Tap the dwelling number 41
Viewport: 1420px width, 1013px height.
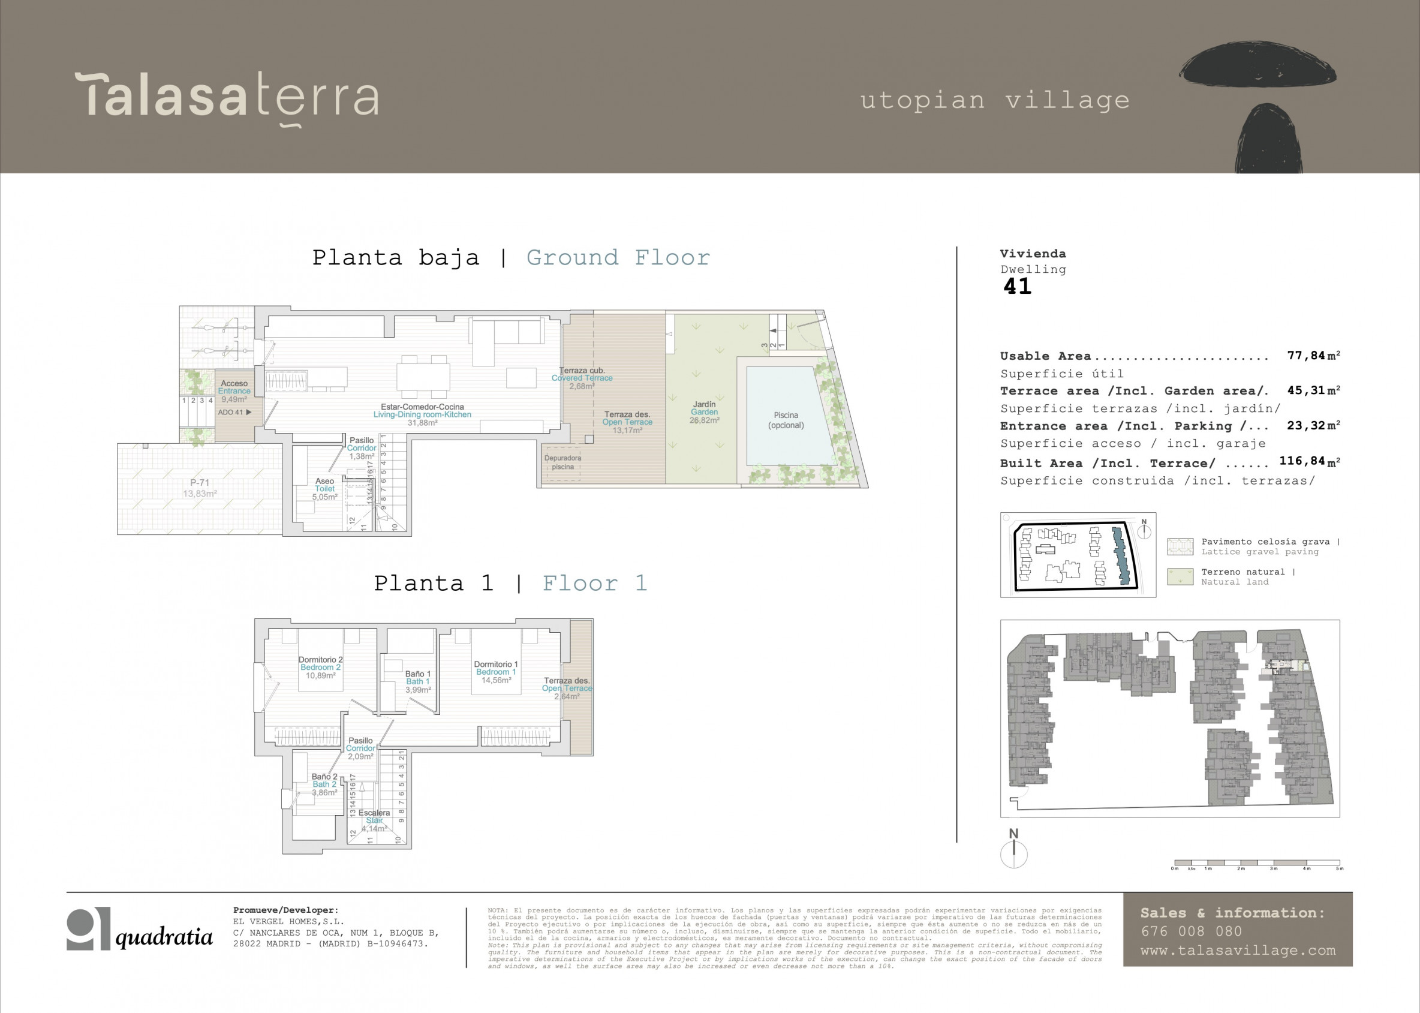[x=1017, y=286]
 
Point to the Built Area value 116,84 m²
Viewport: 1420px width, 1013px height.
[x=1309, y=461]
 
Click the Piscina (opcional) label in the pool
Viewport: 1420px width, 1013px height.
[x=786, y=420]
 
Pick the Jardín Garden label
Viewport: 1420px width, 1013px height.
[x=704, y=412]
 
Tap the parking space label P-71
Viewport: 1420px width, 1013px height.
[x=200, y=488]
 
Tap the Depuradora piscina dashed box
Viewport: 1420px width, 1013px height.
[x=562, y=463]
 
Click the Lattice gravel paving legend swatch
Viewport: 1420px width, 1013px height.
[x=1180, y=546]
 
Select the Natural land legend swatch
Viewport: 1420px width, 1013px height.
[x=1180, y=576]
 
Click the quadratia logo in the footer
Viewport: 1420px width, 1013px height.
[x=140, y=930]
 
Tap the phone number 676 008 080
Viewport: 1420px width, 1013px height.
[x=1191, y=931]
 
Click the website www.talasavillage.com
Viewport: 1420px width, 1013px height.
[x=1238, y=951]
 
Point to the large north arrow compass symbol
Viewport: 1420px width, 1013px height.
[x=1013, y=853]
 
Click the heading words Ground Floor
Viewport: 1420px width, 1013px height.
[x=618, y=258]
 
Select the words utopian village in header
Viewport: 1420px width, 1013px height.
[x=995, y=100]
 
